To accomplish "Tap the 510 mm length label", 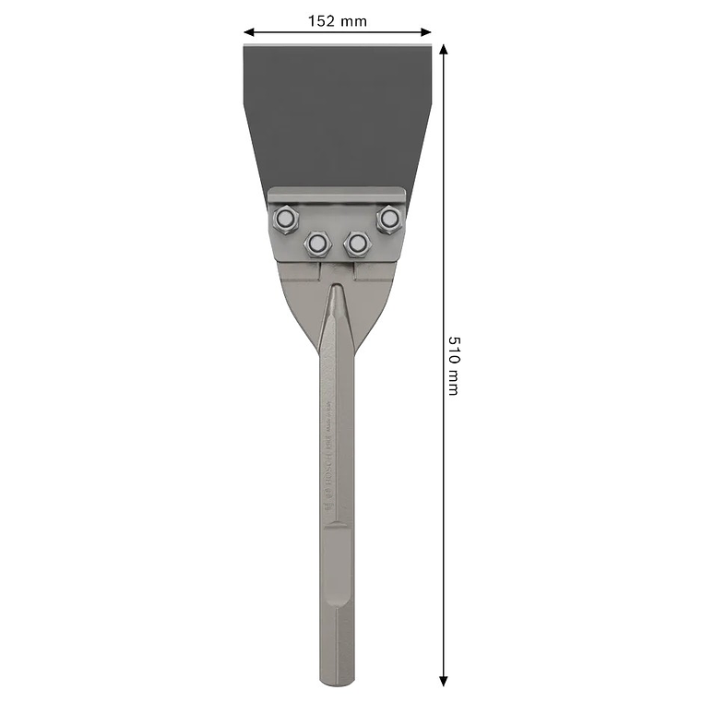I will (x=453, y=365).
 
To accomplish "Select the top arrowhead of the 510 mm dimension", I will (x=444, y=49).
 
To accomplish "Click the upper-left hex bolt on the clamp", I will (x=285, y=219).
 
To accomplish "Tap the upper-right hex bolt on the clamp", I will (x=388, y=219).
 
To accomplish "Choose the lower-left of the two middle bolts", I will (x=317, y=244).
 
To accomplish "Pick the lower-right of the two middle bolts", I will (x=356, y=244).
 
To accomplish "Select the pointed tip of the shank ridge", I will (x=337, y=287).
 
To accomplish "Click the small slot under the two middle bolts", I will (x=338, y=268).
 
